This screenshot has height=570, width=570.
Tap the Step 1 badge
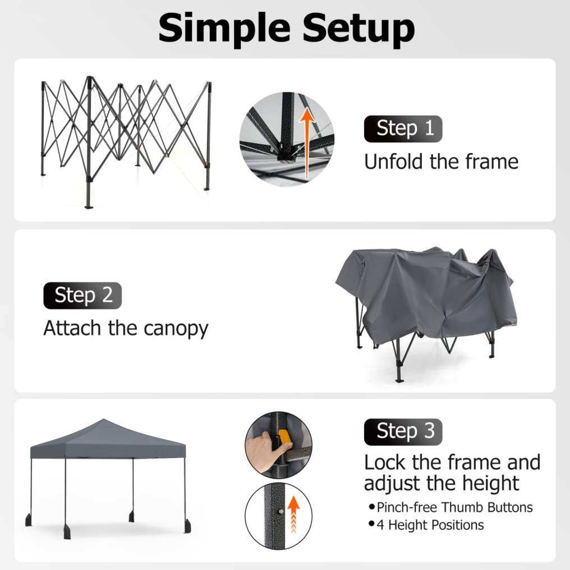click(403, 128)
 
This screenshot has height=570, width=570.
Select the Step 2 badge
click(82, 295)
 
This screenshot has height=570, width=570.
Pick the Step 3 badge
click(403, 432)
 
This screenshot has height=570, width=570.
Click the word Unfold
click(393, 162)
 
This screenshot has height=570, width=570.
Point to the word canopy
click(176, 329)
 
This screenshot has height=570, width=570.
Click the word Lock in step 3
click(385, 462)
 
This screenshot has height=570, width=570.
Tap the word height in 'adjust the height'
click(490, 484)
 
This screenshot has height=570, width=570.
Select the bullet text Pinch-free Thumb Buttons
click(454, 507)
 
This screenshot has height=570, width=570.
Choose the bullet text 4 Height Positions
click(430, 525)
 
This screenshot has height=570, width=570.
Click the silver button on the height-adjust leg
click(281, 512)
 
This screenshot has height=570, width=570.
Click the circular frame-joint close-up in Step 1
click(287, 139)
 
